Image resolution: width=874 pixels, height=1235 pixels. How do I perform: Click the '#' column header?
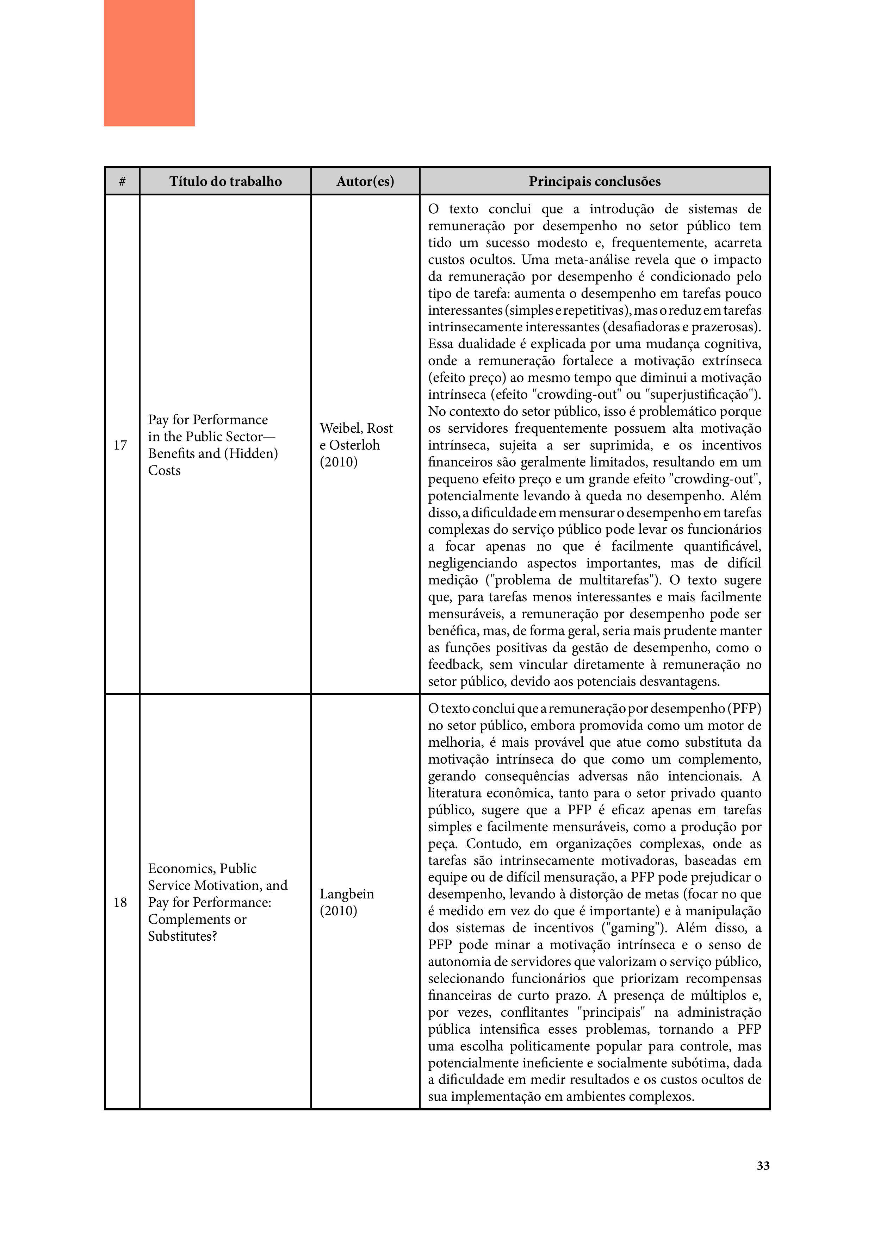coord(122,181)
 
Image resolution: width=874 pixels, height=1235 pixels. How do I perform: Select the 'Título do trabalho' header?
coord(225,181)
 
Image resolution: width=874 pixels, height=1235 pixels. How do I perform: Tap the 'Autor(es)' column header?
coord(365,181)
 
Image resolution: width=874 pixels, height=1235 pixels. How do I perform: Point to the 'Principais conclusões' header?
coord(594,181)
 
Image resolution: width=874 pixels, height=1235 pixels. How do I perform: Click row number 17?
coord(120,445)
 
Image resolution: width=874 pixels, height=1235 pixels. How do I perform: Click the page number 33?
coord(763,1166)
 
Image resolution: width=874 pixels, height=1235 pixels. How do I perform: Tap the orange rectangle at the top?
coord(149,63)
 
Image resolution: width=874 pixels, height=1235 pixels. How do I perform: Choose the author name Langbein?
coord(347,894)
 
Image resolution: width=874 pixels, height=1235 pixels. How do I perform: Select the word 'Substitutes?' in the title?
coord(182,936)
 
